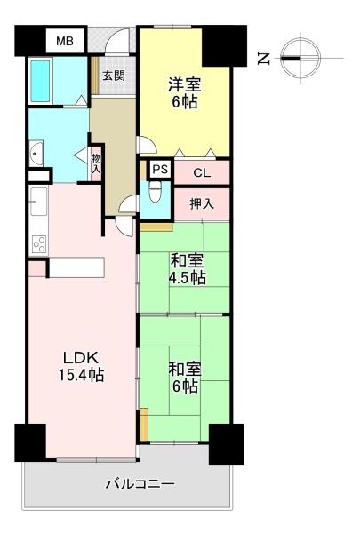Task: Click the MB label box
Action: click(x=64, y=41)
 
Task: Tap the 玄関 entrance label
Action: click(x=113, y=75)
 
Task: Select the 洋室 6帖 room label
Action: click(x=184, y=93)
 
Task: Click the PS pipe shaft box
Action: click(x=159, y=169)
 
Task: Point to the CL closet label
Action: click(x=202, y=171)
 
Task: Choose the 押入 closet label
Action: click(x=202, y=203)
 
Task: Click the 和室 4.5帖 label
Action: click(x=188, y=268)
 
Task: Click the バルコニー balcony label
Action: click(x=140, y=484)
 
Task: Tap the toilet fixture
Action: click(x=156, y=193)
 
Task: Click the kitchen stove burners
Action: click(x=38, y=242)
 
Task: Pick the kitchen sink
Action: click(x=38, y=203)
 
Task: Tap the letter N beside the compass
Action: click(x=263, y=59)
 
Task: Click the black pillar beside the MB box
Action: click(x=29, y=41)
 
